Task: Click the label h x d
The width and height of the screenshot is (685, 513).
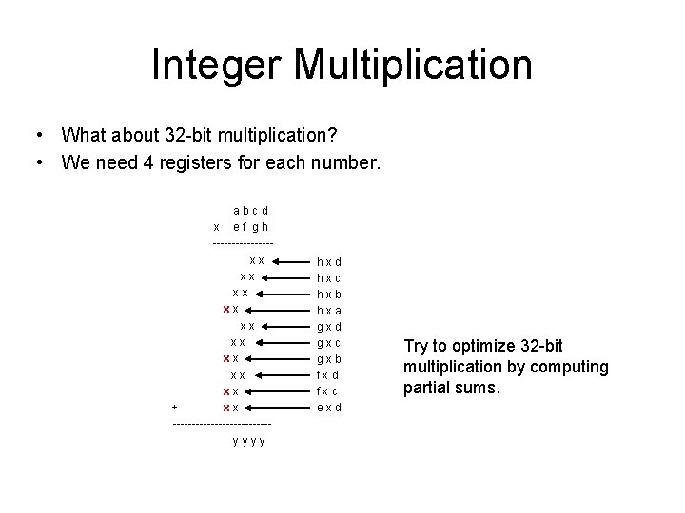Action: (329, 261)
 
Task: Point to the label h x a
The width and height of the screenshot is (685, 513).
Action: (329, 310)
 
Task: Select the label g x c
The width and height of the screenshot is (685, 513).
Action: (329, 342)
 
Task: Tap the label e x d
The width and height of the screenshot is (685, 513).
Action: (329, 408)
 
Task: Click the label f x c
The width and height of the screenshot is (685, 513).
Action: (329, 391)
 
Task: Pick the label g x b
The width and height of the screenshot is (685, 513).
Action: (329, 359)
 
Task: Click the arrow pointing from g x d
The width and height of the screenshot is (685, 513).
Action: (285, 326)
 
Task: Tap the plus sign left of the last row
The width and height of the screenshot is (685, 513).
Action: (174, 408)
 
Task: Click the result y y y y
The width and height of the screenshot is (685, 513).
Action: (248, 440)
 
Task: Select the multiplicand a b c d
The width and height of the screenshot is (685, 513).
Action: (251, 210)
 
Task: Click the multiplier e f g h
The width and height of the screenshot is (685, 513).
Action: (251, 227)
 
